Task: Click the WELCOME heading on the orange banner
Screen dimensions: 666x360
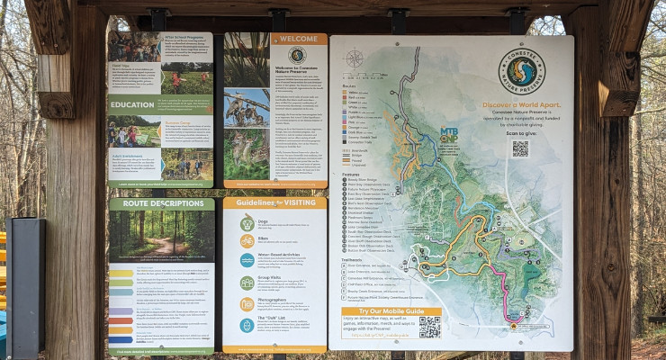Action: (x=298, y=39)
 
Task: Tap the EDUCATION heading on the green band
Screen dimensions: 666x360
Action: (x=133, y=104)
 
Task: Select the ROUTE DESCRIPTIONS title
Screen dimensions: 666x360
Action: (x=148, y=203)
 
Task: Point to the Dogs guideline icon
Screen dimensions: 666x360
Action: (x=247, y=223)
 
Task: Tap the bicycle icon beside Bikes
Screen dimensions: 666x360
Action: (x=247, y=241)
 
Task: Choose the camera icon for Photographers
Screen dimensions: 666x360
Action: (x=247, y=304)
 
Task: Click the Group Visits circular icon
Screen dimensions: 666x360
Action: (x=247, y=283)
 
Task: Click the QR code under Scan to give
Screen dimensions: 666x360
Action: (x=520, y=148)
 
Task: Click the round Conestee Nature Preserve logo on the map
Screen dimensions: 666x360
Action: (x=521, y=72)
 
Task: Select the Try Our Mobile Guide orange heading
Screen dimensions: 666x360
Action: (x=391, y=311)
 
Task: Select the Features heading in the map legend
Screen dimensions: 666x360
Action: (x=352, y=175)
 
